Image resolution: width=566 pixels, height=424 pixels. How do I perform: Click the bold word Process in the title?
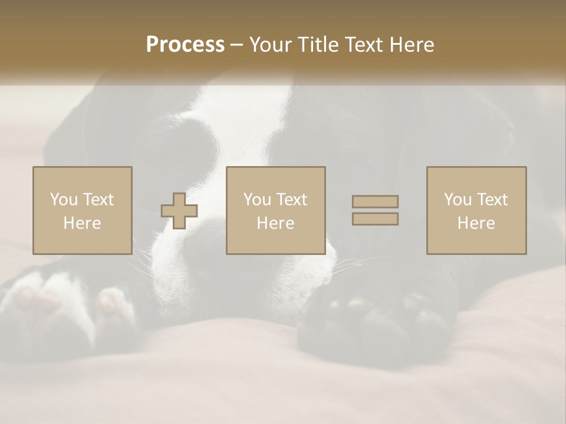tap(185, 45)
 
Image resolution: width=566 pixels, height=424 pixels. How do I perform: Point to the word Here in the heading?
tap(414, 45)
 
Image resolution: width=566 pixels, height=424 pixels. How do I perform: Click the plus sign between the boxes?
tap(179, 211)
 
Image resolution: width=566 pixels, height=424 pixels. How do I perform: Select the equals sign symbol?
tap(375, 210)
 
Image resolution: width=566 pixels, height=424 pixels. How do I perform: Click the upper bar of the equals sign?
tap(375, 201)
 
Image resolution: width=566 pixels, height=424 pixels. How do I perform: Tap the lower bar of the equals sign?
tap(375, 219)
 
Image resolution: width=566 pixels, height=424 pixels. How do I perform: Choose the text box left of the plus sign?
tap(82, 210)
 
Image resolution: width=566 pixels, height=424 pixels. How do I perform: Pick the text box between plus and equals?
tap(275, 210)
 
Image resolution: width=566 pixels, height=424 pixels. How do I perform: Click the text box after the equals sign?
tap(476, 210)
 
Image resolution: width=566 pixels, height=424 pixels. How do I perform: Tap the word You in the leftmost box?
tap(63, 199)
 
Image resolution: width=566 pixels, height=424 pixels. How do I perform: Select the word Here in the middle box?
tap(275, 223)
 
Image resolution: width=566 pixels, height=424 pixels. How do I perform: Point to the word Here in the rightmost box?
tap(476, 223)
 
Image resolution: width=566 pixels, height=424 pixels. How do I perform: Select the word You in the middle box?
tap(256, 200)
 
